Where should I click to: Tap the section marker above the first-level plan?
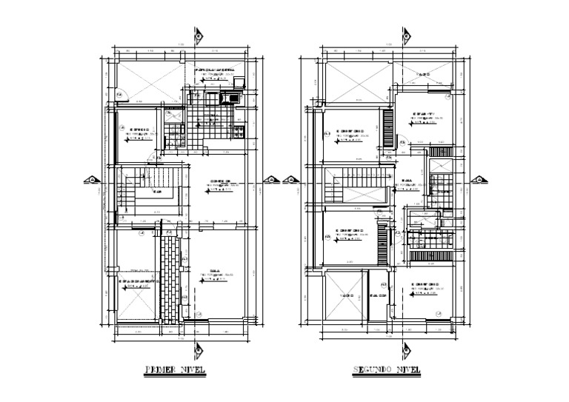197,36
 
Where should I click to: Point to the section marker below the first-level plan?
197,350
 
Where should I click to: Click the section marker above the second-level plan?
405,36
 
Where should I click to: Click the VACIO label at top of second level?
423,75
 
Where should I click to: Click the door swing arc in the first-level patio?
122,94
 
